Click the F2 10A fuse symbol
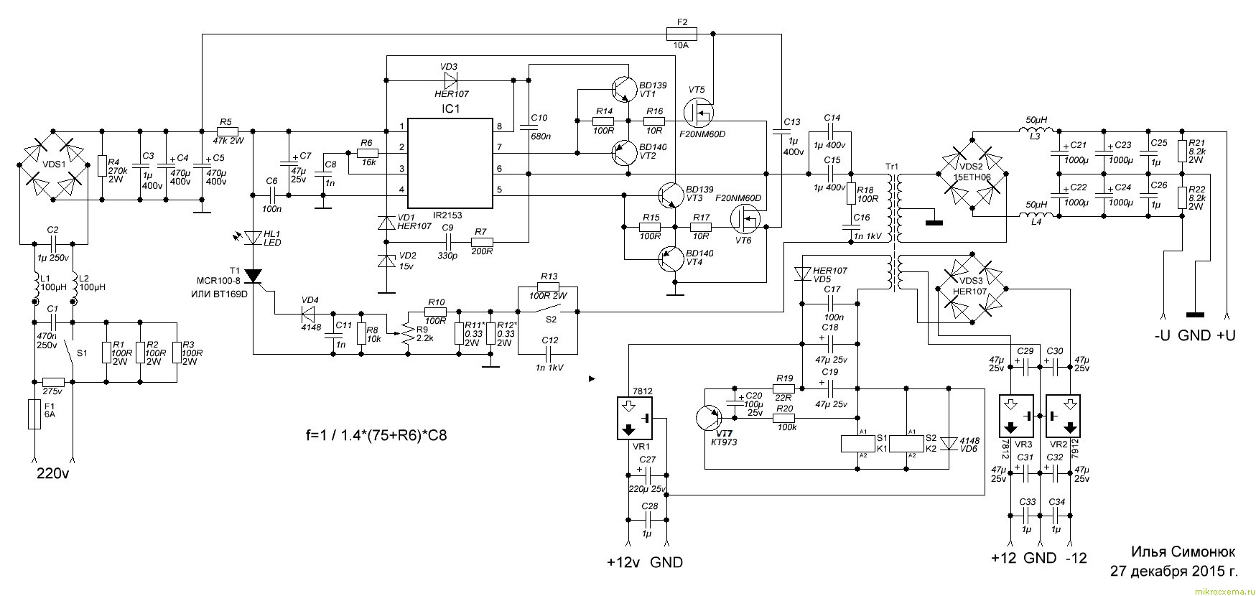pos(682,32)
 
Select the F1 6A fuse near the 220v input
pos(34,414)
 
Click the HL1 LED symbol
pos(253,237)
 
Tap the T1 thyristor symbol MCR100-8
pos(253,275)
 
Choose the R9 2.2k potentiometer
pos(406,332)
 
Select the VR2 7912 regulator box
pos(1063,416)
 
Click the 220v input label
pos(53,475)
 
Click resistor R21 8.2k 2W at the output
pos(1181,152)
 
